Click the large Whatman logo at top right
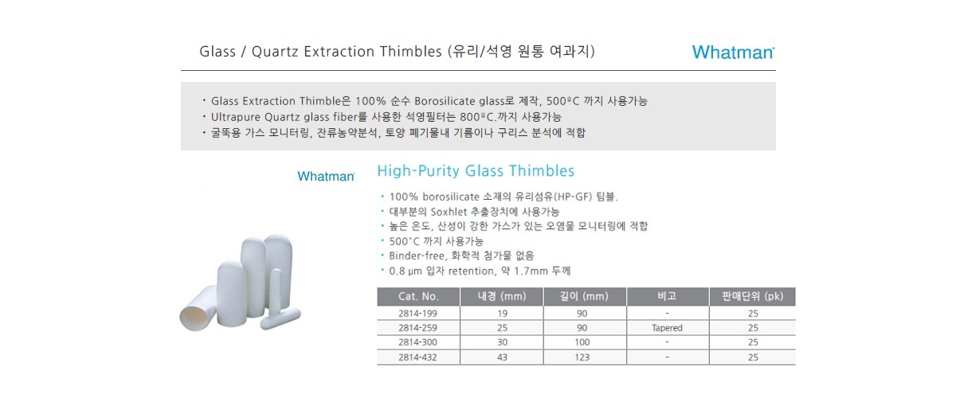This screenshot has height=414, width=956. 733,53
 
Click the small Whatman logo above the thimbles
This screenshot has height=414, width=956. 326,176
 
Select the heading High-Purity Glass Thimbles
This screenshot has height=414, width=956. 476,171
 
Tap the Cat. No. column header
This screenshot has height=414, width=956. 418,296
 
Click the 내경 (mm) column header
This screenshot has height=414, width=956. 502,296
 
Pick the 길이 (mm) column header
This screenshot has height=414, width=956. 584,296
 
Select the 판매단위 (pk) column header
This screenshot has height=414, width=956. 752,296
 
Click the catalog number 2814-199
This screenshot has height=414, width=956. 417,314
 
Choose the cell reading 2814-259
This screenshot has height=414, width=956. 417,328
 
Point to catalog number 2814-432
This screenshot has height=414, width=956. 417,357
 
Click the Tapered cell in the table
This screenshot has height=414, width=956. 667,328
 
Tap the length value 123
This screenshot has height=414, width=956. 582,357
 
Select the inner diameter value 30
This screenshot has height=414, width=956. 503,342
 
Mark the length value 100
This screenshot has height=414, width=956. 582,342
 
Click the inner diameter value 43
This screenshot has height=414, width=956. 503,357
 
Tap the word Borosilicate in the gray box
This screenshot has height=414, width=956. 445,101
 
